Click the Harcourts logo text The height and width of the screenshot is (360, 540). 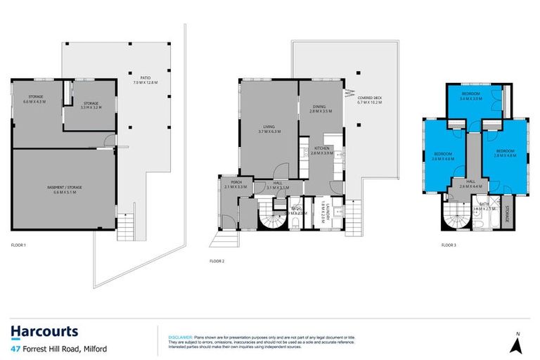click(44, 331)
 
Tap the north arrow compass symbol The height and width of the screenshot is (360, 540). click(517, 344)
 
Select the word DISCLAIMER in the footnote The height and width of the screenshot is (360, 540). click(180, 337)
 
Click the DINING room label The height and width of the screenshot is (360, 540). click(321, 109)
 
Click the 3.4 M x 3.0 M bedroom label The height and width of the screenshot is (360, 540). click(470, 96)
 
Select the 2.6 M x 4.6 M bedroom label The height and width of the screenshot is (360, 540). click(444, 156)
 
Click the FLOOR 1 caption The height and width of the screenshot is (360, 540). click(18, 245)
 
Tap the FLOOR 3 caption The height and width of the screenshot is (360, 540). click(449, 245)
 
